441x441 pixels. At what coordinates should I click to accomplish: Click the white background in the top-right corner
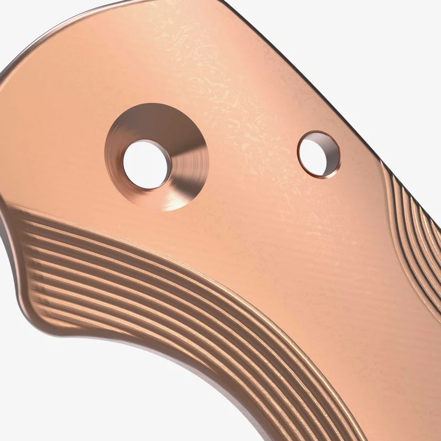(x=396, y=34)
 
